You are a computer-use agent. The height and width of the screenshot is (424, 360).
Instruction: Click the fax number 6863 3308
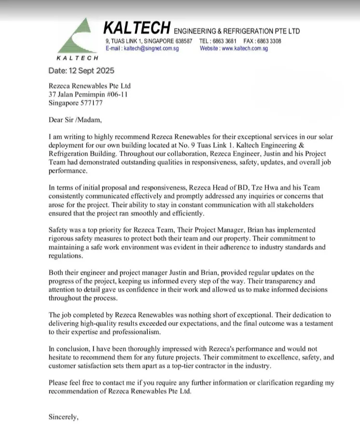[x=269, y=41]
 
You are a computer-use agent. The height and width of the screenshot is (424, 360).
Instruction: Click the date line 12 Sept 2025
[x=82, y=71]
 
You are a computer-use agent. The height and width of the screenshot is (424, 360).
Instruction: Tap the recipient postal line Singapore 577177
[x=76, y=103]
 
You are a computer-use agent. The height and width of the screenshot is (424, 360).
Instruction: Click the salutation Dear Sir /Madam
[x=75, y=120]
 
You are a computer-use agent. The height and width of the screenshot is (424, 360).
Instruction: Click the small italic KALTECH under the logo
[x=77, y=58]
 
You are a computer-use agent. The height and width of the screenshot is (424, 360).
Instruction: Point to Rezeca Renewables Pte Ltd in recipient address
[x=90, y=86]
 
